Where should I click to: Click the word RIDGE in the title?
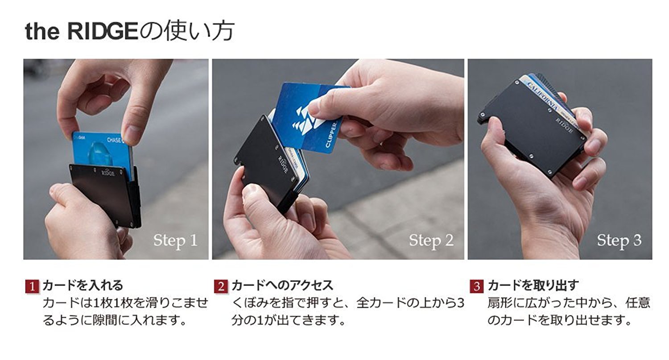coord(103,31)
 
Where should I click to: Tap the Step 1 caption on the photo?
coord(175,240)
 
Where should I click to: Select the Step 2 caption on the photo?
coord(431,240)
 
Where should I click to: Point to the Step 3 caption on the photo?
coord(619,240)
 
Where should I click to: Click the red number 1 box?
coord(32,286)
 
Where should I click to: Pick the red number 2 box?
coord(221,286)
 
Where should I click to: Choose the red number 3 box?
coord(477,286)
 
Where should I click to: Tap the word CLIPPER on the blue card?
coord(331,135)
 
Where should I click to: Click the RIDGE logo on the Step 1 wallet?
coord(108,172)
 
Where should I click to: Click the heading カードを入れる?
coord(83,286)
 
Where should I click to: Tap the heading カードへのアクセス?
coord(282,286)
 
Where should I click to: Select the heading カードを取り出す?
coord(533,286)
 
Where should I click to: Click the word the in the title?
coord(42,32)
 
